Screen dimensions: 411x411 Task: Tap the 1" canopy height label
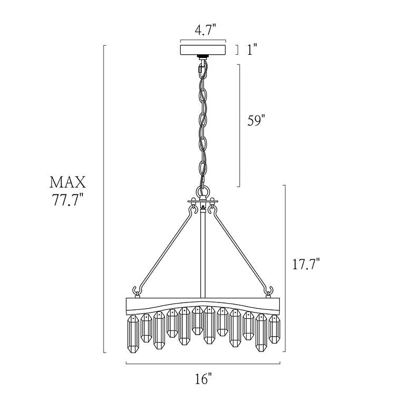coord(252,50)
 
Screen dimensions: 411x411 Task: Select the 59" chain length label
coord(257,121)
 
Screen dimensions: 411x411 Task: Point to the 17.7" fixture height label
coord(306,263)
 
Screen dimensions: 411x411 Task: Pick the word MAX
coord(67,182)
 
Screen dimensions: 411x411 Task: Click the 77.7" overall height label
coord(68,200)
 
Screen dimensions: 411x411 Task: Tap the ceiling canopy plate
coord(203,50)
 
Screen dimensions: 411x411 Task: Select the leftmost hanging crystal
coord(133,334)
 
